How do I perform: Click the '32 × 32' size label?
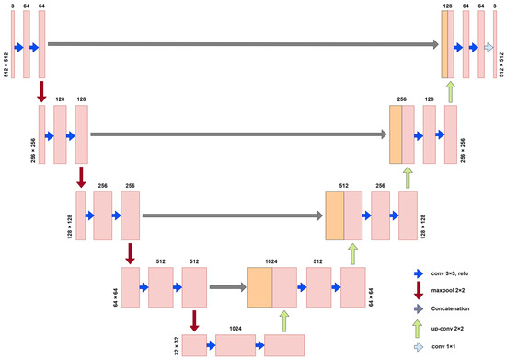[x=175, y=345]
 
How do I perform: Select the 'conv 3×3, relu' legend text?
[x=456, y=273]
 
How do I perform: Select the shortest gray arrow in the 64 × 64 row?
[x=226, y=287]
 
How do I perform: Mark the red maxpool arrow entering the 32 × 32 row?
[x=194, y=320]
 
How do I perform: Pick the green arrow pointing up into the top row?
[x=450, y=91]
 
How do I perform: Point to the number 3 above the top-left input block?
[x=13, y=6]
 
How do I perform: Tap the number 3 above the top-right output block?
[x=496, y=6]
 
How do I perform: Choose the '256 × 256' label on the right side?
[x=463, y=150]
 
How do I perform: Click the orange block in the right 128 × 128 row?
[x=334, y=215]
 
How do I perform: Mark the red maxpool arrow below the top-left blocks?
[x=41, y=92]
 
